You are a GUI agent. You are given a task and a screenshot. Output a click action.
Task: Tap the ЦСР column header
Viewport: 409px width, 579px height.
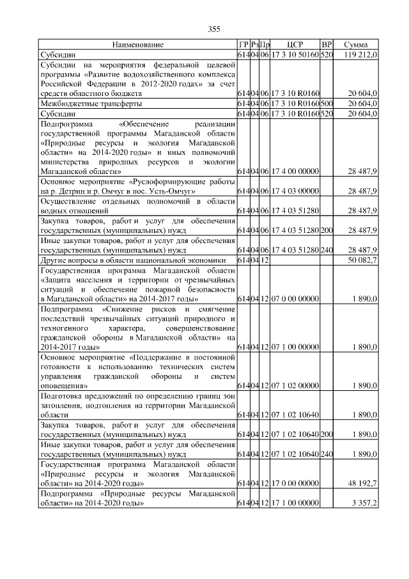[x=295, y=45]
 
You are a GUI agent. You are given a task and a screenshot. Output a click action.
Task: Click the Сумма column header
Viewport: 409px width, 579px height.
[x=355, y=45]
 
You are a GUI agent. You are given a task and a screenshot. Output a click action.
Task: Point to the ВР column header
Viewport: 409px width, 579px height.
[x=327, y=45]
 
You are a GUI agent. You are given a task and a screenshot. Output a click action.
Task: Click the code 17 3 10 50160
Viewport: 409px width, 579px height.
[x=295, y=55]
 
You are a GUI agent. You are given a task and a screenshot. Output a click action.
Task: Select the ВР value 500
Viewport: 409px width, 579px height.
[x=327, y=103]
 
